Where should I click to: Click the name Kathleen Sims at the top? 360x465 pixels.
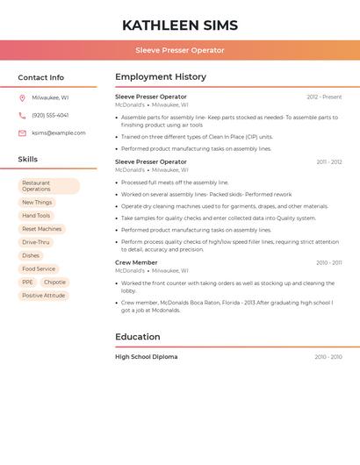point(180,25)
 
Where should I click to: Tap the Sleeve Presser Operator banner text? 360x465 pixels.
point(180,50)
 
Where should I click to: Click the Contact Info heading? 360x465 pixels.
point(41,77)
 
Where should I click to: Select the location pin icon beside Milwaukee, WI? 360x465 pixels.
point(22,97)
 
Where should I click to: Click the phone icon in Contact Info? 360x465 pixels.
point(22,115)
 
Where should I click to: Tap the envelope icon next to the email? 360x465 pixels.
point(22,133)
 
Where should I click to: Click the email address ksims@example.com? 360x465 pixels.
point(59,133)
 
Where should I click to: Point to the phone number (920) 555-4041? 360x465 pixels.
point(50,115)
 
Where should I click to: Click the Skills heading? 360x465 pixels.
point(28,160)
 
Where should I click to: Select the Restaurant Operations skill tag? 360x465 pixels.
point(48,186)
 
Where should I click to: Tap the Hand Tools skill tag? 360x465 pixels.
point(36,216)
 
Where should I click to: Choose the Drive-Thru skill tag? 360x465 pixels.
point(36,242)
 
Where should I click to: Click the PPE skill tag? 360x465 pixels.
point(28,283)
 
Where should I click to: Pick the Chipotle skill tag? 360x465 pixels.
point(54,283)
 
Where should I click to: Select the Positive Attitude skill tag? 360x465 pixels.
point(44,296)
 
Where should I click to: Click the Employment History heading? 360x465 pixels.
point(161,77)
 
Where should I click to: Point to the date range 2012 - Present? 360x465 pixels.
point(324,97)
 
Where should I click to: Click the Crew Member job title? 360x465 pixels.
point(136,262)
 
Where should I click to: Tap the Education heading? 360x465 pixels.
point(138,337)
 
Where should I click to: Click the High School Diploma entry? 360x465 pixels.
point(146,357)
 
